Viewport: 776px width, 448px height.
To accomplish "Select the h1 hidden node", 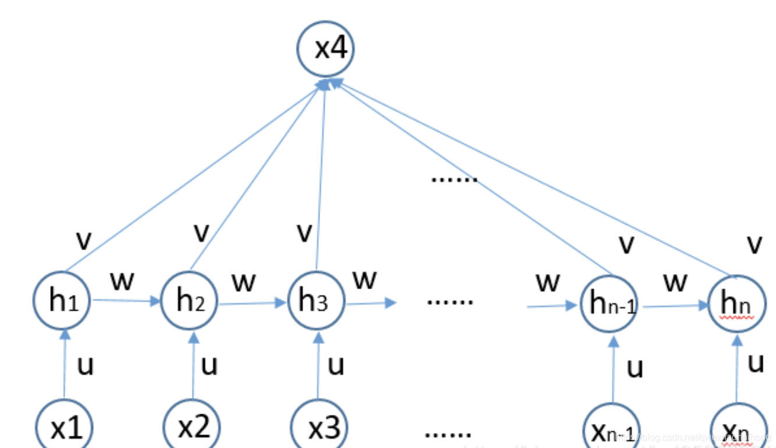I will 62,301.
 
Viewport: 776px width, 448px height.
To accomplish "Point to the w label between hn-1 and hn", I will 675,283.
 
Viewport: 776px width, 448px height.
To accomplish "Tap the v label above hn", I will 754,244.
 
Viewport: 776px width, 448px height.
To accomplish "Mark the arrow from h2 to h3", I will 253,303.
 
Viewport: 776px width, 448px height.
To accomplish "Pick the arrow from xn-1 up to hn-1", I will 613,369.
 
